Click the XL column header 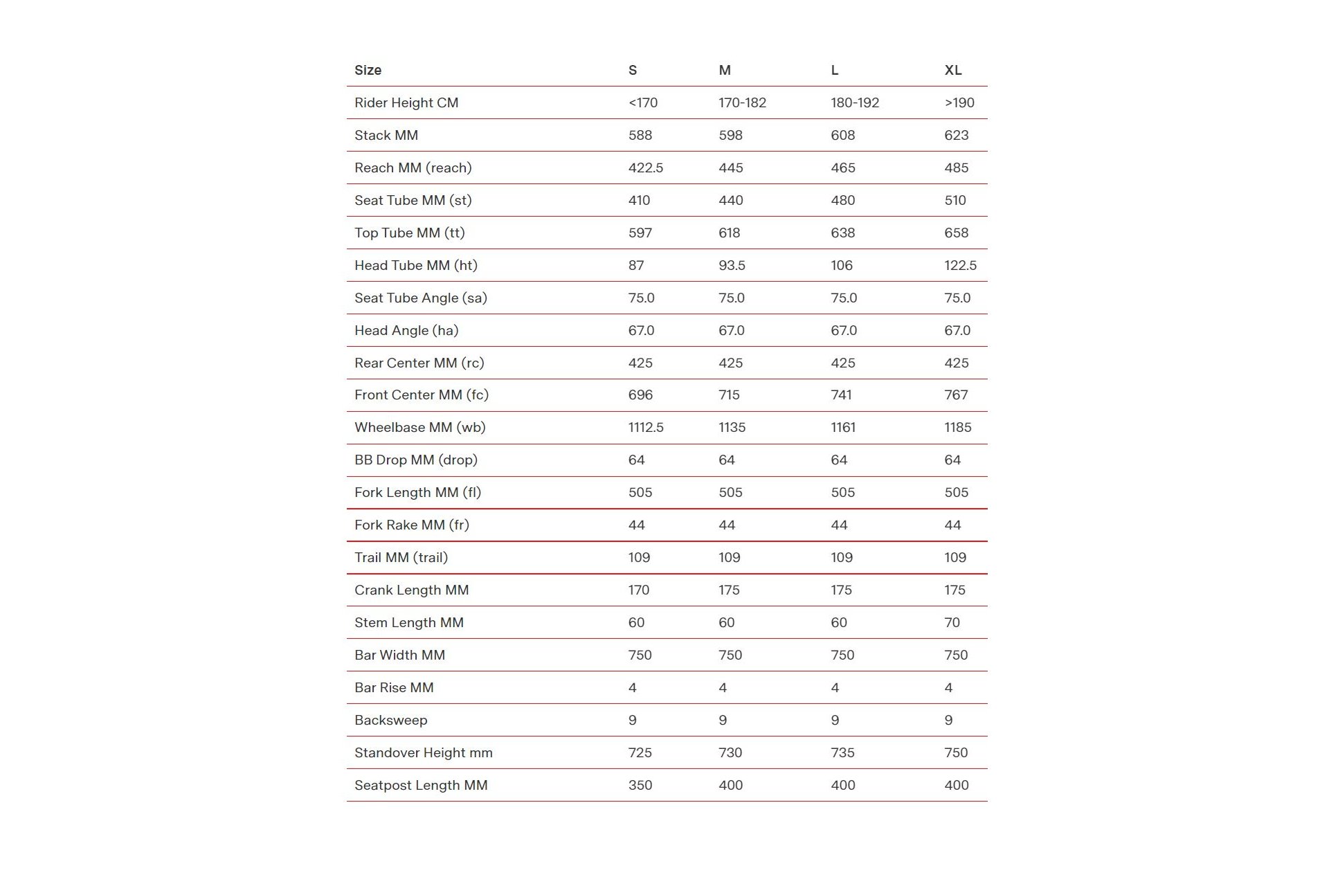(x=952, y=70)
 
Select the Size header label (x=368, y=70)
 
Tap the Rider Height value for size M (x=742, y=102)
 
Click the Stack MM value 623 (x=956, y=135)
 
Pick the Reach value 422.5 (x=645, y=168)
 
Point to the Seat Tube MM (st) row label (x=413, y=200)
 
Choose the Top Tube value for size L (x=842, y=233)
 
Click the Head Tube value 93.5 (x=732, y=265)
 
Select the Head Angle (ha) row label (x=406, y=330)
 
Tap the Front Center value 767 (x=956, y=395)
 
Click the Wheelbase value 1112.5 (x=645, y=427)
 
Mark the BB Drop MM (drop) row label (x=415, y=460)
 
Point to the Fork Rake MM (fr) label (x=411, y=525)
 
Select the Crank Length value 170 (x=638, y=590)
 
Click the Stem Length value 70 (x=952, y=622)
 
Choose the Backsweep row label (x=390, y=720)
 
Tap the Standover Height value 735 (x=842, y=752)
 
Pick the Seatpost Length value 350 (x=640, y=785)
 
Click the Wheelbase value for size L (x=842, y=427)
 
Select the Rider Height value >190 (x=959, y=102)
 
